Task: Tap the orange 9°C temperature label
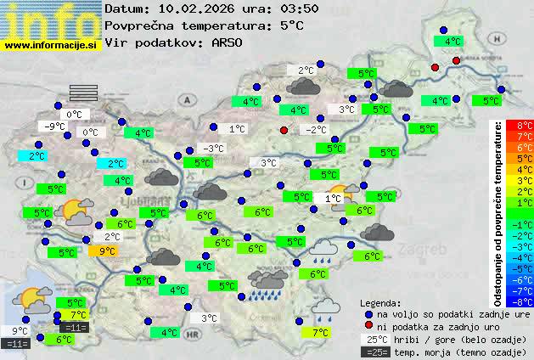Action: pos(107,250)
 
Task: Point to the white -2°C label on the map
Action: pos(315,130)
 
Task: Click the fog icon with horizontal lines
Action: pos(84,92)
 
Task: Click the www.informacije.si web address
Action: pos(52,44)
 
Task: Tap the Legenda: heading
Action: pos(380,302)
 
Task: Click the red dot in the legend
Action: pos(368,326)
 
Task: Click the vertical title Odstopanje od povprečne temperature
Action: pos(498,212)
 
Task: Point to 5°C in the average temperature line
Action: pos(291,25)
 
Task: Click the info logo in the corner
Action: pos(50,19)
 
